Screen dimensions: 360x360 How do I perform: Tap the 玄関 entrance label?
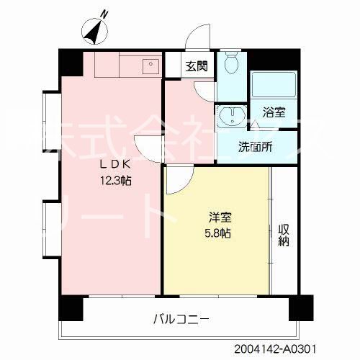[196, 67]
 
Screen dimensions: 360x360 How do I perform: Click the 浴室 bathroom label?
[274, 112]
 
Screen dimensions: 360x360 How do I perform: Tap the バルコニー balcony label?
[181, 318]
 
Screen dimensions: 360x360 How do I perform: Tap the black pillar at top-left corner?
[70, 62]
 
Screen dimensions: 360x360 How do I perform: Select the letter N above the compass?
[105, 12]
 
